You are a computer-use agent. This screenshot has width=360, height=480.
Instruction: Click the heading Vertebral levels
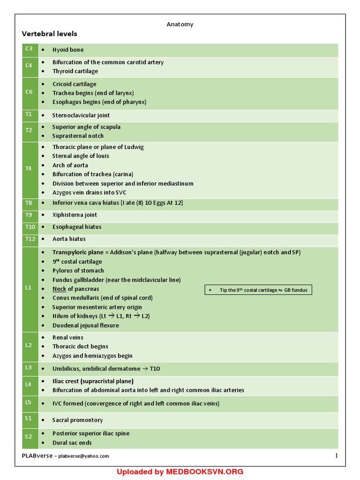(x=49, y=34)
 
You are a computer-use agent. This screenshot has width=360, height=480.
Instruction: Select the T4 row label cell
(x=29, y=169)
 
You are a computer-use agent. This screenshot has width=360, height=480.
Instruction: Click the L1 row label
(x=29, y=288)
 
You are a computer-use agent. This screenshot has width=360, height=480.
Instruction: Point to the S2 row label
(x=29, y=437)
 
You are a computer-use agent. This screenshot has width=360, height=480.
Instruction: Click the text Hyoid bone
(x=68, y=50)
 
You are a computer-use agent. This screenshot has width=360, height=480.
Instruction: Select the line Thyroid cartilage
(x=75, y=71)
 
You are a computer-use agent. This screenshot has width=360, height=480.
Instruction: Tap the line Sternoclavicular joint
(x=81, y=115)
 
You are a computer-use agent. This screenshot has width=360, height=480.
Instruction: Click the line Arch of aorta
(x=70, y=165)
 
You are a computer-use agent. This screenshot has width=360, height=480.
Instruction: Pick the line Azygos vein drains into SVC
(x=89, y=192)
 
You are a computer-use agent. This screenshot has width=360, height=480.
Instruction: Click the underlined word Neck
(x=59, y=289)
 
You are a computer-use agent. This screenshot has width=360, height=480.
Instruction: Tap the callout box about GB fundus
(x=258, y=290)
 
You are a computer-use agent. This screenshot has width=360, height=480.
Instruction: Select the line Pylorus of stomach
(x=78, y=270)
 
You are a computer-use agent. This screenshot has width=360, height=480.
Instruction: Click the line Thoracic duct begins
(x=80, y=346)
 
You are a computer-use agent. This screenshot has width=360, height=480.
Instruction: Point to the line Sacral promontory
(x=77, y=420)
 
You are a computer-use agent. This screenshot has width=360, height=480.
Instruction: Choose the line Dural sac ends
(x=72, y=442)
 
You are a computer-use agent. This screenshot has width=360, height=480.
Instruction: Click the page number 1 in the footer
(x=336, y=456)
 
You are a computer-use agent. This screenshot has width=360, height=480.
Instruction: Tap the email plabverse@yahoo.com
(x=83, y=456)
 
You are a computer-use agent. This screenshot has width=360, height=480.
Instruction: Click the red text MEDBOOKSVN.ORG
(x=204, y=472)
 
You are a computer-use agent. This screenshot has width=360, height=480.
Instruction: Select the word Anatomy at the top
(x=180, y=24)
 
